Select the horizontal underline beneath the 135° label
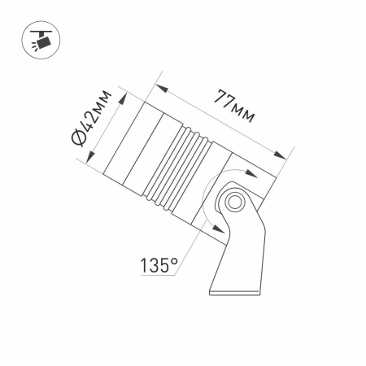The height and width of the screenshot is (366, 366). tap(159, 277)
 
